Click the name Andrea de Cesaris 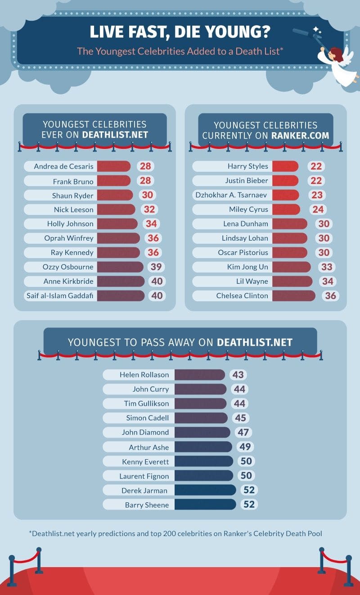tap(63, 166)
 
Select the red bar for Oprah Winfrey tap(118, 238)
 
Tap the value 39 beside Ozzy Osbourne tap(156, 267)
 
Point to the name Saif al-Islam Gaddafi tap(60, 296)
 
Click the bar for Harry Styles tap(285, 166)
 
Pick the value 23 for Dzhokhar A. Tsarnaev tap(317, 195)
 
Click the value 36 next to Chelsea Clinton tap(330, 296)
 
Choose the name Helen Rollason tap(144, 375)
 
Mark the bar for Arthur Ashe tap(203, 447)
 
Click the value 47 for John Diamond tap(243, 433)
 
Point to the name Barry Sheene tap(147, 505)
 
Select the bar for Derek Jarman tap(205, 490)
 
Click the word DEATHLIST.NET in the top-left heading tap(115, 135)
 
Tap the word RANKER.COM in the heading tap(300, 135)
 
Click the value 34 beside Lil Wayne tap(328, 282)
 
